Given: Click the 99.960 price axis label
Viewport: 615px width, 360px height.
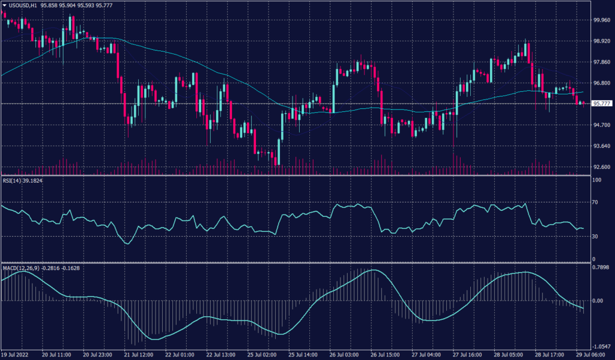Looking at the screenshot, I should [602, 19].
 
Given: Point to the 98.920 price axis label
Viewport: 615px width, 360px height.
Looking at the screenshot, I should [602, 41].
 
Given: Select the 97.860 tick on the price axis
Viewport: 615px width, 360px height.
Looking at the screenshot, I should [602, 62].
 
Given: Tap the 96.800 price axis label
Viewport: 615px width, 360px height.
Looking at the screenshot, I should [602, 83].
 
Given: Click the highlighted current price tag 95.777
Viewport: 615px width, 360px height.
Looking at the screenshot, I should [602, 103].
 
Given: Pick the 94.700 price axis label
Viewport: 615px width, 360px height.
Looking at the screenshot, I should [602, 125].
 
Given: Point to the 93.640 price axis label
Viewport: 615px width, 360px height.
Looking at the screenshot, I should [602, 146].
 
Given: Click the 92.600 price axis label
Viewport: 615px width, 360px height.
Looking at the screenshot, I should [602, 167].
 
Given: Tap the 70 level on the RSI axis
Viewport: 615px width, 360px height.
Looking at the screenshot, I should [596, 203].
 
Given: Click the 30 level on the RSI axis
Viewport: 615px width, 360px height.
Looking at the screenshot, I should [596, 236].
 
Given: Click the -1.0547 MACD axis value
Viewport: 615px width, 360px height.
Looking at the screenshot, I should [602, 347].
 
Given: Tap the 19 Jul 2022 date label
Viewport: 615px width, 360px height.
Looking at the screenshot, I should [17, 355].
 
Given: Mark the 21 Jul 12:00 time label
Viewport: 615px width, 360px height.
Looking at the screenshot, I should [141, 355].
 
